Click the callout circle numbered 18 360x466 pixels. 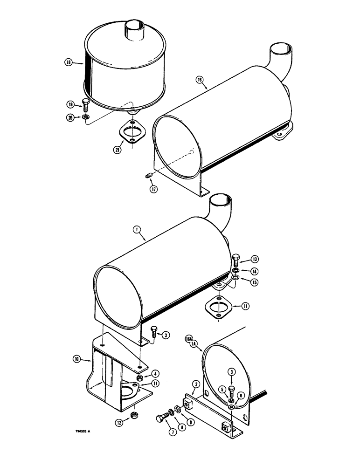tap(69, 62)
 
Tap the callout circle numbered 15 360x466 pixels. tap(254, 282)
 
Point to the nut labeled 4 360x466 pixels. tap(140, 377)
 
